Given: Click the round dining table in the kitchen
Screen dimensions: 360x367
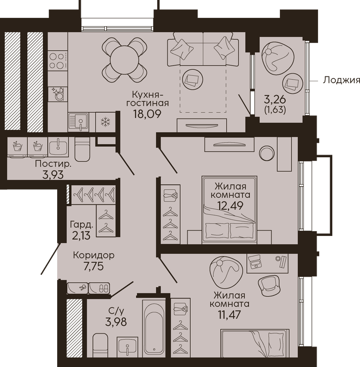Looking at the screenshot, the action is click(125, 59).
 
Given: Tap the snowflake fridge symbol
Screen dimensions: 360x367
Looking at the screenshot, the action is click(105, 122).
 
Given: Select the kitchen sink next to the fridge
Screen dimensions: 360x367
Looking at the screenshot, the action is click(79, 122).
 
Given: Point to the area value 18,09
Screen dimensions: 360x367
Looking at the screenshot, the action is click(147, 114).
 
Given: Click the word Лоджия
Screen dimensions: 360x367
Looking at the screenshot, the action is click(341, 80).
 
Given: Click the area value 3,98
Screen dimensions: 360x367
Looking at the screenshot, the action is click(116, 322).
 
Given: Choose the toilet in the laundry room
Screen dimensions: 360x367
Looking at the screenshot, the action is click(82, 149).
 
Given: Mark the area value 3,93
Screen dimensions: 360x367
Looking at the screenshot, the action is click(53, 175).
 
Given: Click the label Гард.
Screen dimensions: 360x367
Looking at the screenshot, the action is click(82, 225).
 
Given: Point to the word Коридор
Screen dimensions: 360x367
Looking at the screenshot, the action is click(94, 255).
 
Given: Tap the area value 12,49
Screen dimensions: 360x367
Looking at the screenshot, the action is click(231, 206).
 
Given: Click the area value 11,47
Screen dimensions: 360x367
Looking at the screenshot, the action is click(229, 315).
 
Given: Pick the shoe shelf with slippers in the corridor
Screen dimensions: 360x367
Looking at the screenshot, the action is click(99, 288).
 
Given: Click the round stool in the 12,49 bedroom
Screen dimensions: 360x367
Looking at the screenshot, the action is click(267, 153).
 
